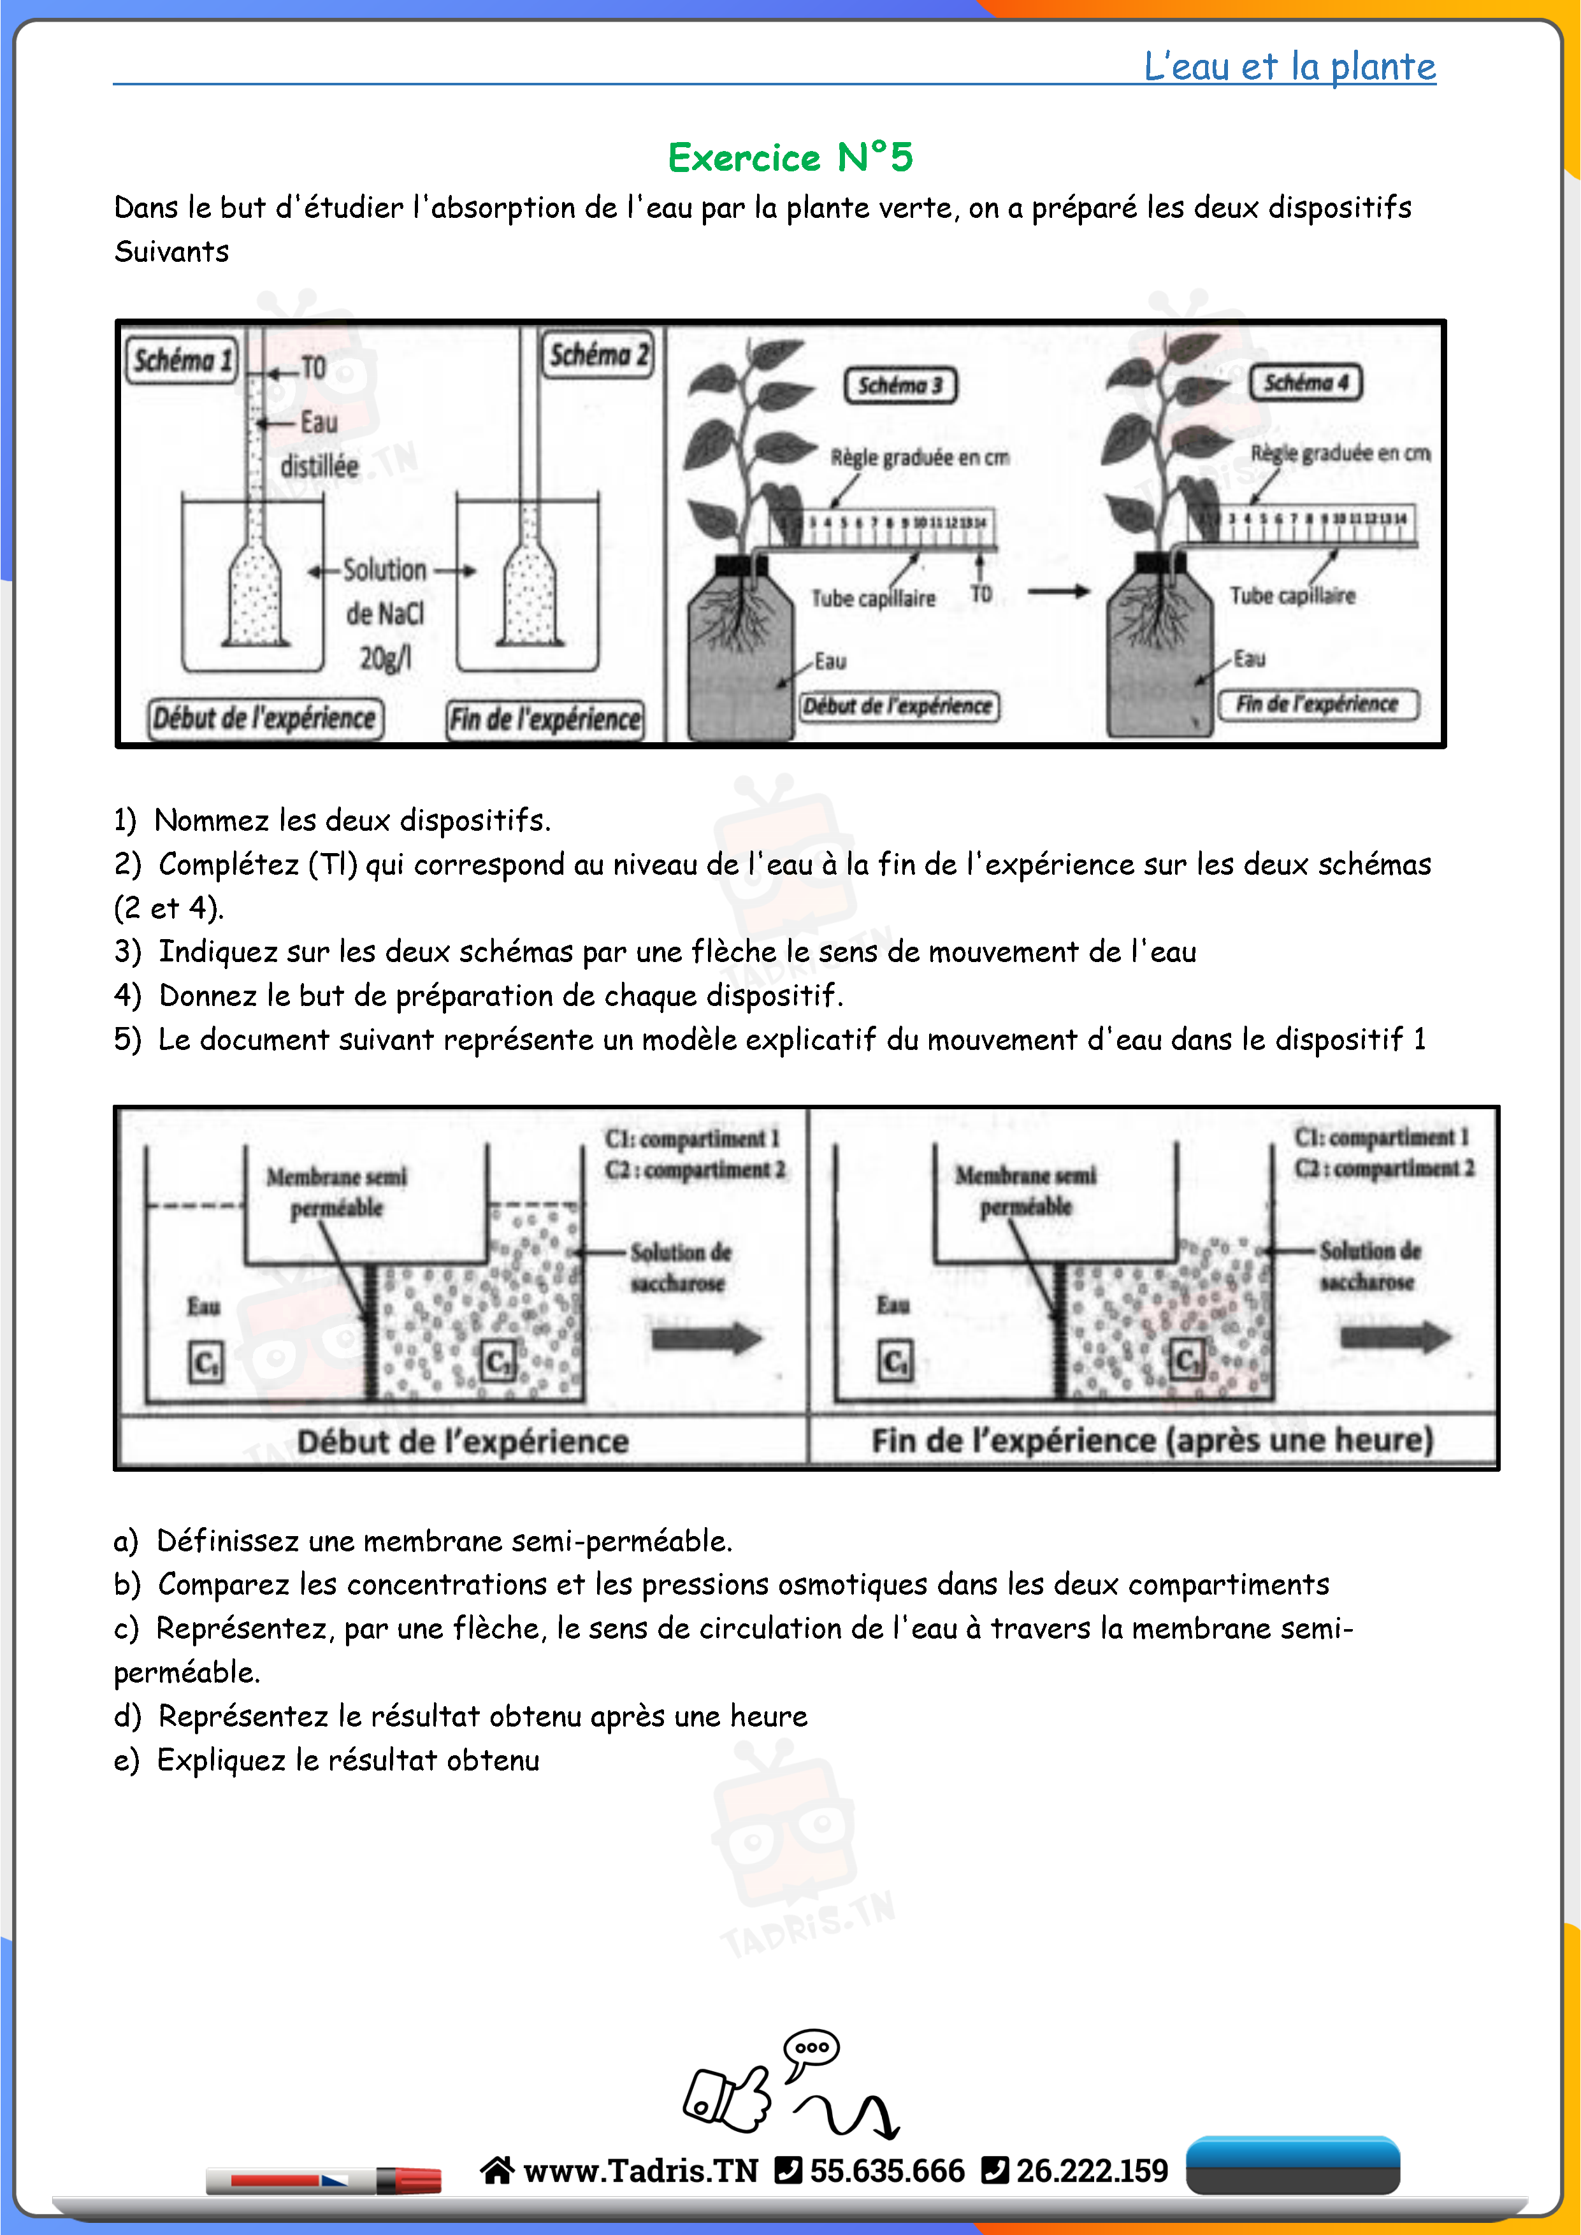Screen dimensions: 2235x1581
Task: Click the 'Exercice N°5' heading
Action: tap(790, 157)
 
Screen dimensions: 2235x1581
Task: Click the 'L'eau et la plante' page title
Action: tap(1289, 66)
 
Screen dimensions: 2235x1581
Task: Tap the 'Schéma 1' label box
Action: tap(182, 360)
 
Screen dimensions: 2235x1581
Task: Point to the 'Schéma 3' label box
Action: tap(900, 385)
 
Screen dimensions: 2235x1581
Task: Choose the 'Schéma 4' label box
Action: tap(1306, 382)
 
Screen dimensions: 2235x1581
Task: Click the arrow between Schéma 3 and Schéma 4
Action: tap(1058, 591)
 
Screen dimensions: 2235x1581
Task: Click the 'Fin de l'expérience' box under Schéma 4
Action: tap(1318, 704)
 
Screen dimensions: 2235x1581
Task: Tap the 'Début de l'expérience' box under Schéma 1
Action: tap(264, 719)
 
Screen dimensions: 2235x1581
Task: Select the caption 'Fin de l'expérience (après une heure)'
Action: tap(1151, 1441)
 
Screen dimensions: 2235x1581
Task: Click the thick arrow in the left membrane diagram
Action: tap(707, 1339)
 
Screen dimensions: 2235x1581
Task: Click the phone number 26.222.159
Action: tap(1092, 2170)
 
